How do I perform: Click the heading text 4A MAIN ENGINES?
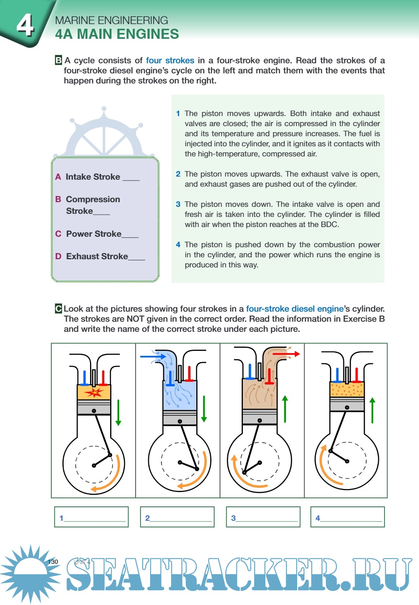click(x=117, y=34)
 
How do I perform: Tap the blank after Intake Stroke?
click(x=131, y=178)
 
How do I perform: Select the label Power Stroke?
click(x=93, y=234)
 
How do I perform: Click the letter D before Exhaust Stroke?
click(x=58, y=256)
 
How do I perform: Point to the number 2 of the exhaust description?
click(x=178, y=174)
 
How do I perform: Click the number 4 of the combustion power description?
click(x=178, y=244)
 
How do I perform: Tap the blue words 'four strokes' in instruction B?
click(x=170, y=61)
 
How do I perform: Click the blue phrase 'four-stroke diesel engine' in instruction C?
click(x=295, y=309)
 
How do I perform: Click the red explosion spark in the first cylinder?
click(x=94, y=392)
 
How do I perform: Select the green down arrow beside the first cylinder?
click(x=118, y=412)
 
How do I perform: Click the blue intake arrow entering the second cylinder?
click(x=153, y=356)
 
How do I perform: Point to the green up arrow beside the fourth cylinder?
click(x=372, y=410)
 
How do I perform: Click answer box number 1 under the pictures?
click(x=91, y=517)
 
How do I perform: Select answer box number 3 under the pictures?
click(x=263, y=517)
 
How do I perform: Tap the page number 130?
click(x=53, y=562)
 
